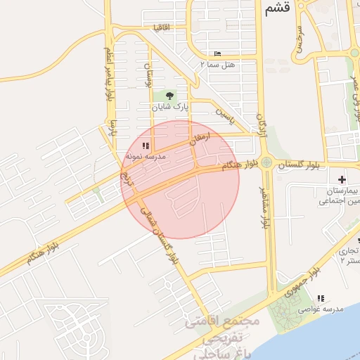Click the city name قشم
tap(277, 9)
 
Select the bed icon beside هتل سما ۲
tap(217, 53)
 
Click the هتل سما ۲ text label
tap(217, 63)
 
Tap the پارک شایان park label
tap(171, 108)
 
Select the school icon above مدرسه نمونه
tap(146, 146)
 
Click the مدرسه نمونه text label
tap(146, 157)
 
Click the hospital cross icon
tap(342, 181)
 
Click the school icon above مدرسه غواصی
tap(321, 298)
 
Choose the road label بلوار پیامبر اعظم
tap(109, 74)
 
